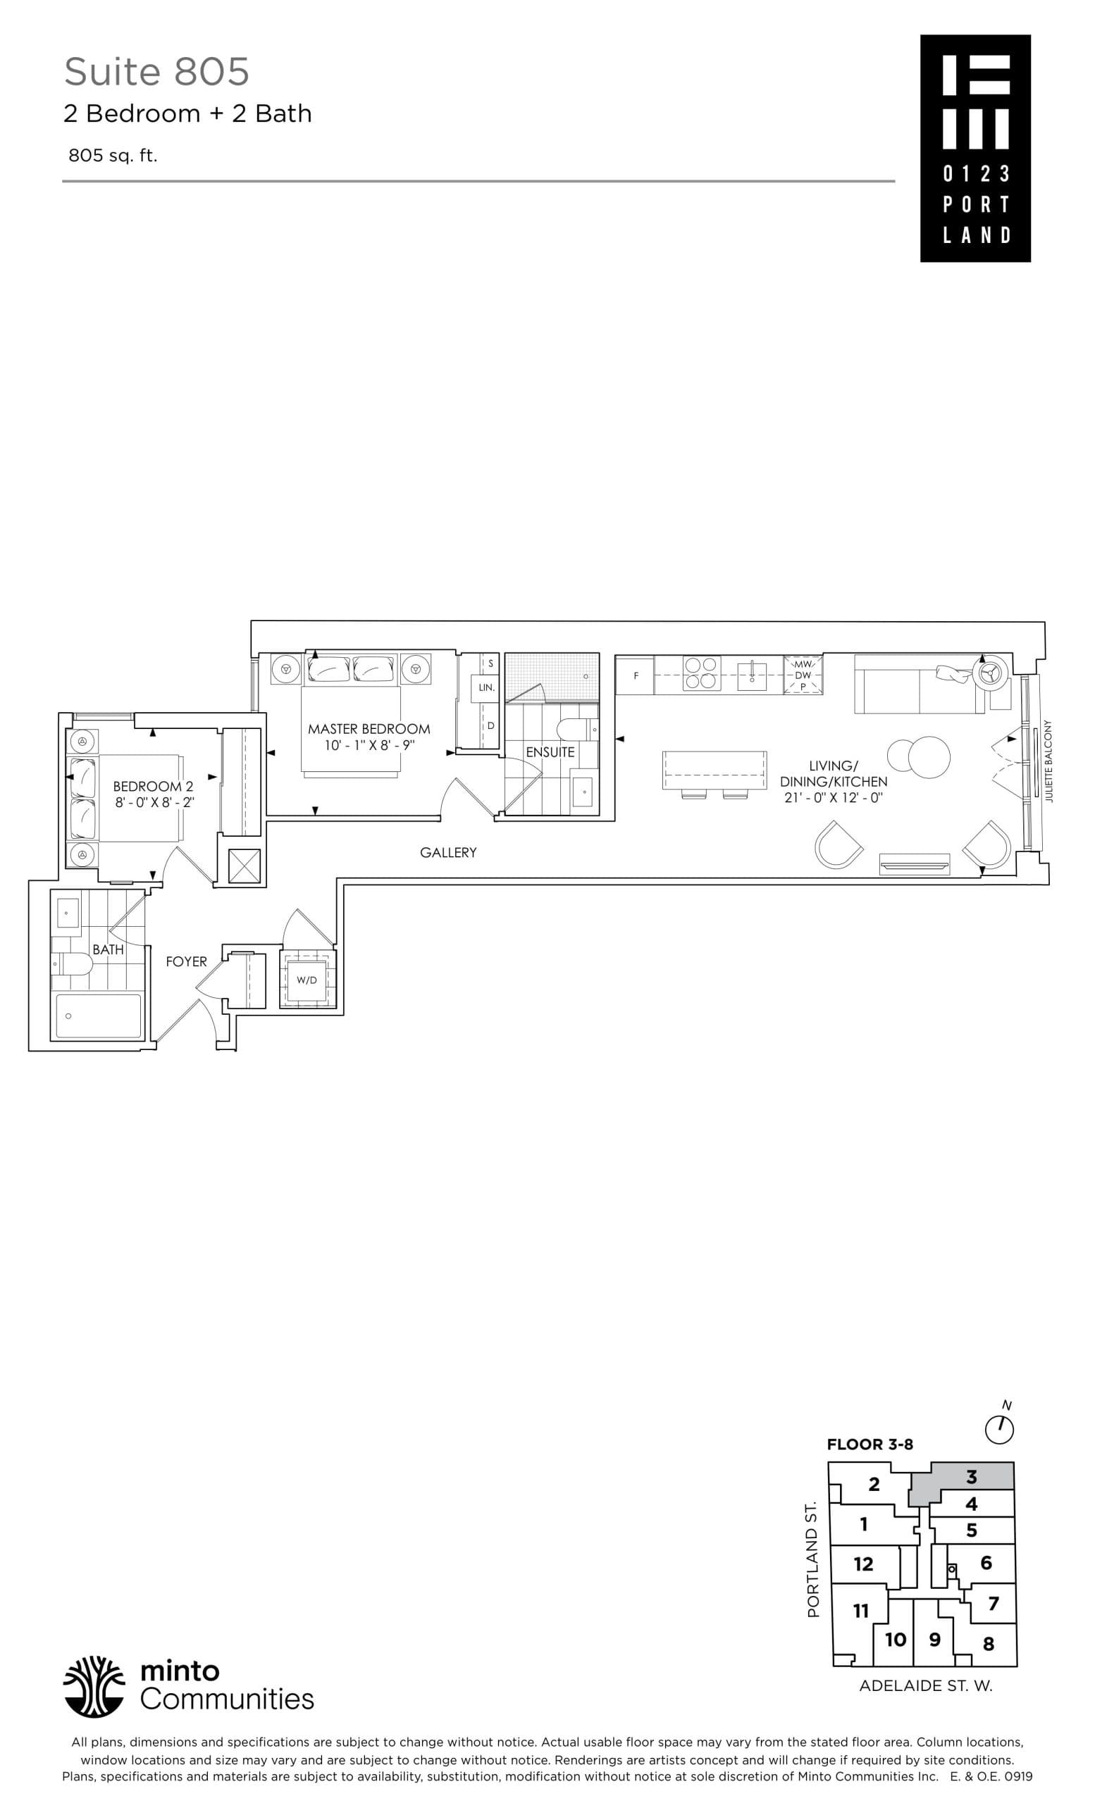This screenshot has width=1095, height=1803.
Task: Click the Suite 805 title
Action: click(x=156, y=72)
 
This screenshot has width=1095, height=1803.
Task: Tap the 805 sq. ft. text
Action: click(x=113, y=155)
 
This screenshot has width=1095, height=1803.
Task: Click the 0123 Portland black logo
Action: click(x=975, y=149)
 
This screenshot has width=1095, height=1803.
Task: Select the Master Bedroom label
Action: click(x=369, y=729)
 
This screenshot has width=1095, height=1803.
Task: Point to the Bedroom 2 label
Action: click(x=153, y=787)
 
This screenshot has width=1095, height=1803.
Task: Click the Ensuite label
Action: click(x=550, y=752)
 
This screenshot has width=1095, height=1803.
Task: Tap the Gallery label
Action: click(x=448, y=852)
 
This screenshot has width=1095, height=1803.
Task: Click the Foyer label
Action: click(x=186, y=961)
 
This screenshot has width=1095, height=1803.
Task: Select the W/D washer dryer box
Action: click(x=307, y=980)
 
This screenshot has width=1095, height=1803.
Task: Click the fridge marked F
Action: click(x=635, y=675)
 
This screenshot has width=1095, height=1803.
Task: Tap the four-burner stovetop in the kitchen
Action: click(x=700, y=673)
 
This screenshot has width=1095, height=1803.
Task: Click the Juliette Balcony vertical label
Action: click(x=1048, y=761)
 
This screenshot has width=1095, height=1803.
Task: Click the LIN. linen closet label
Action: click(x=486, y=688)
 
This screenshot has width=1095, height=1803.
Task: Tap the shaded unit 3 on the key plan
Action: click(x=970, y=1477)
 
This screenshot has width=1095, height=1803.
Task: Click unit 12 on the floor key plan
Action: click(x=863, y=1564)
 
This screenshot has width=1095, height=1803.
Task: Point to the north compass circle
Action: click(x=999, y=1429)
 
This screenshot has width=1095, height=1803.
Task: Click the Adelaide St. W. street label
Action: click(x=925, y=1685)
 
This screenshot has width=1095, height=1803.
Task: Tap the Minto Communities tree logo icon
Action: click(x=94, y=1685)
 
